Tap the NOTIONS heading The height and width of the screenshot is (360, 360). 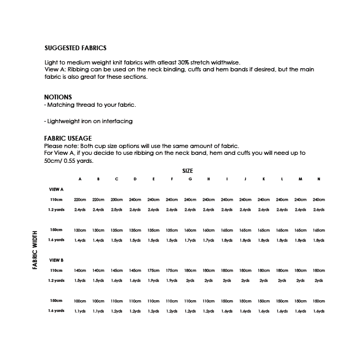point(58,97)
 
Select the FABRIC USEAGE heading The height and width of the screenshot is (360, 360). point(68,139)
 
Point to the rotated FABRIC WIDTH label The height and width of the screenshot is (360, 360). point(35,250)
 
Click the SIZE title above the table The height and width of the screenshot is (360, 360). point(188,171)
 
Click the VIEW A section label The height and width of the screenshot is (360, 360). point(56,189)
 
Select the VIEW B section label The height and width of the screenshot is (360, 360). point(56,260)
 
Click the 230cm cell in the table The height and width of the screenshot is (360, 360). point(117,200)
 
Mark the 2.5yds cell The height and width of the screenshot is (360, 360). point(117,210)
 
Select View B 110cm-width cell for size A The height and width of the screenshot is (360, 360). point(80,271)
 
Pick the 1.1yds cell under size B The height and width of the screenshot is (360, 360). point(98,311)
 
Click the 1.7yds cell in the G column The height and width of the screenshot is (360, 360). point(190,241)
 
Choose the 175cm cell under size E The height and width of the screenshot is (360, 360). point(153,271)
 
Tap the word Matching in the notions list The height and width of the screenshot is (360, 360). point(60,105)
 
